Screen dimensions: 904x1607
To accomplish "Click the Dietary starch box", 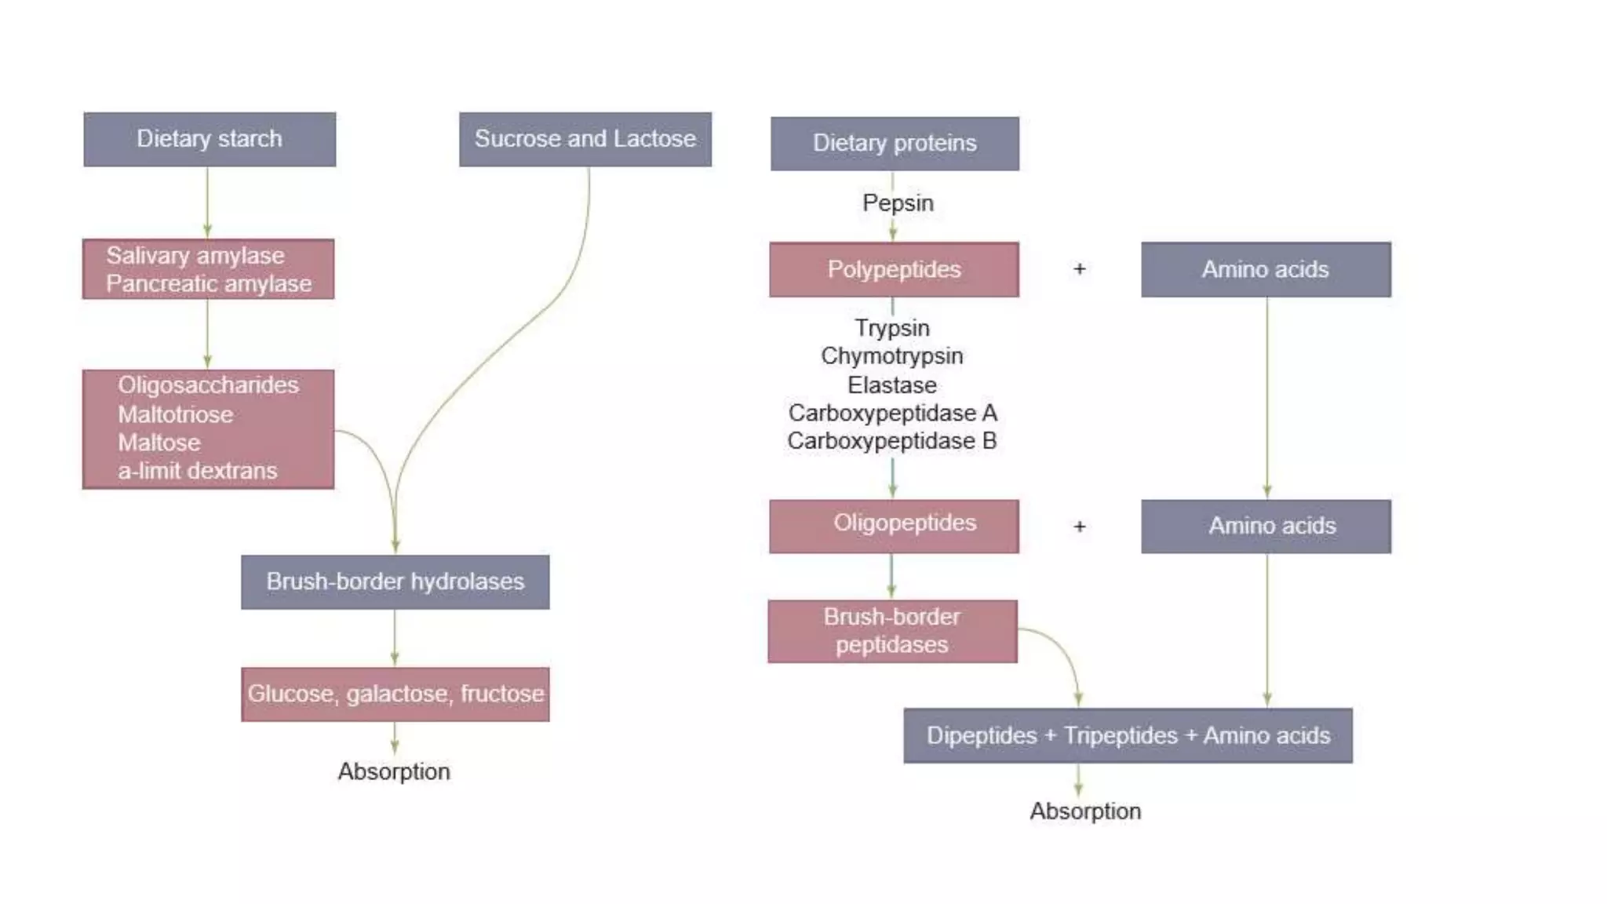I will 210,139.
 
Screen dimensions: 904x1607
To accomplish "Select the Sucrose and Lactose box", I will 585,139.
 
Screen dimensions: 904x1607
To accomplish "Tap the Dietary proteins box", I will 895,143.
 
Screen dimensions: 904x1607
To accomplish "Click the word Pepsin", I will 898,203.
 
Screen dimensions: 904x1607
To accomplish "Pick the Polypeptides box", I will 894,269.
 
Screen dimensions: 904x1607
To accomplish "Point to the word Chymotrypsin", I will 892,356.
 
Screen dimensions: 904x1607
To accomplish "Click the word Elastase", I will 892,385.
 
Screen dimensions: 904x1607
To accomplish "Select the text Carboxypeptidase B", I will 892,441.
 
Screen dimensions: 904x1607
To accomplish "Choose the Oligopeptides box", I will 894,525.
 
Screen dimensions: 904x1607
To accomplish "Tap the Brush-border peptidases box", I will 892,631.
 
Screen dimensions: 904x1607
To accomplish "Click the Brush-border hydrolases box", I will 395,581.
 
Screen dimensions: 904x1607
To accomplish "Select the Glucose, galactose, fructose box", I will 395,694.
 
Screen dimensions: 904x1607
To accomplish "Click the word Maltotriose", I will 176,414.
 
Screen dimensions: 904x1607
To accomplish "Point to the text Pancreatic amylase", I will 209,283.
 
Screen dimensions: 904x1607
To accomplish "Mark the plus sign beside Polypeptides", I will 1080,269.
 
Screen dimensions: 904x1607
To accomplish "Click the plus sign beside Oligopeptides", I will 1080,527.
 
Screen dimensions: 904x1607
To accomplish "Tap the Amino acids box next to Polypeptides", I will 1266,269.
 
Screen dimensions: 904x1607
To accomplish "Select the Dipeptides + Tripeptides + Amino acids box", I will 1128,735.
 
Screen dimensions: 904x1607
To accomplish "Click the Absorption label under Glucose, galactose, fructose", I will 394,771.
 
